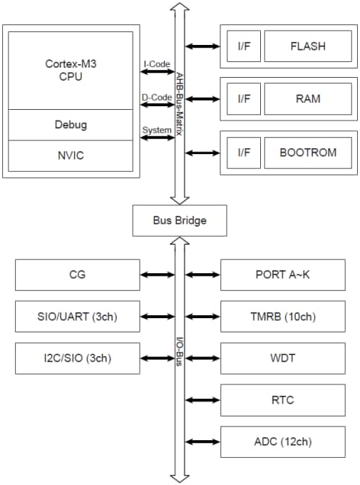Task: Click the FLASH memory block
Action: click(307, 46)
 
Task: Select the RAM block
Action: click(307, 99)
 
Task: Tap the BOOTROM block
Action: click(307, 152)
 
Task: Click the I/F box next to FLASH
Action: click(243, 46)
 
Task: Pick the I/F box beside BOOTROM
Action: click(243, 152)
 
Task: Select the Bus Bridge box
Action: click(180, 220)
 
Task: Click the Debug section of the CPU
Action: click(71, 125)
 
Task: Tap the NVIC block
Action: click(71, 155)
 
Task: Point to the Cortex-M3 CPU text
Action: click(71, 71)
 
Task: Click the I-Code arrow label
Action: click(155, 64)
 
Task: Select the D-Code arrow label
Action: click(155, 97)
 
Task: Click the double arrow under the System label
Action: click(158, 138)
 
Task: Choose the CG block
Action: click(76, 274)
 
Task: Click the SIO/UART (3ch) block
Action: click(76, 316)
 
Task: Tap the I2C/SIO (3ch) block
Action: click(76, 358)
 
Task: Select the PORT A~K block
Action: click(283, 274)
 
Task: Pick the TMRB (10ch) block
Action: click(283, 316)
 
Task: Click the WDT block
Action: click(283, 358)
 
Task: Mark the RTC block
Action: click(283, 400)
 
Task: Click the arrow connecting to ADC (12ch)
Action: click(202, 441)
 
